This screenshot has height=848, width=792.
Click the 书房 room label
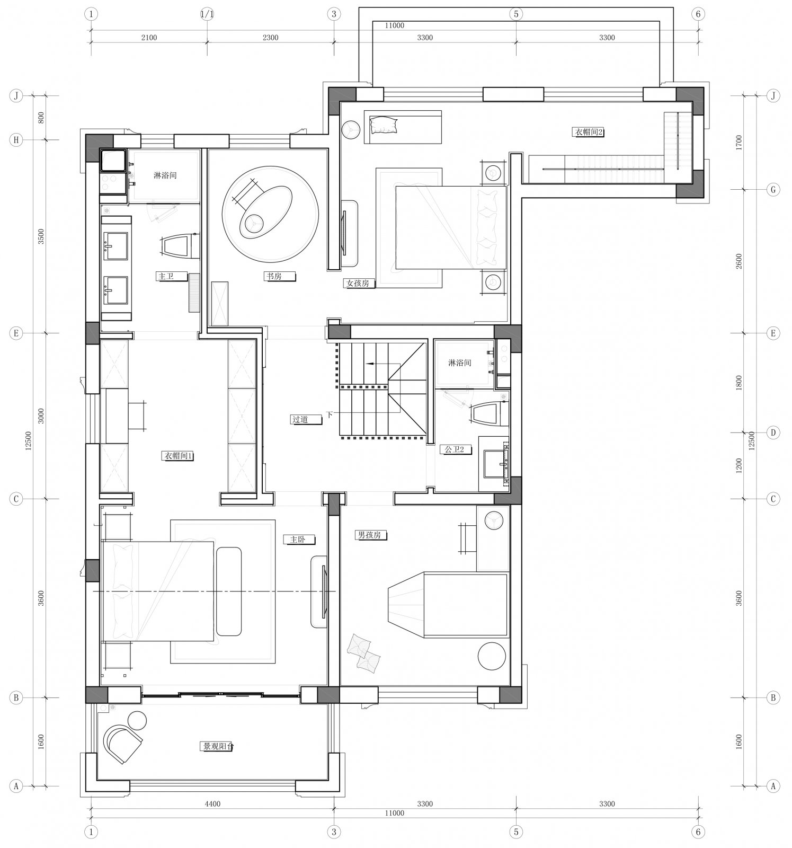pyautogui.click(x=274, y=276)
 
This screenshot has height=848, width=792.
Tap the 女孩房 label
pyautogui.click(x=358, y=284)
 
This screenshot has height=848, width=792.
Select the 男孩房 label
pyautogui.click(x=369, y=535)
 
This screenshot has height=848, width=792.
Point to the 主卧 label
pyautogui.click(x=297, y=540)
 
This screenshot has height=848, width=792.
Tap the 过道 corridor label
pyautogui.click(x=300, y=419)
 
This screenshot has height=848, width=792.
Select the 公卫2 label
pyautogui.click(x=454, y=449)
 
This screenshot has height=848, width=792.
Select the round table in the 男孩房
pyautogui.click(x=492, y=656)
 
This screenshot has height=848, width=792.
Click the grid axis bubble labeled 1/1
pyautogui.click(x=207, y=14)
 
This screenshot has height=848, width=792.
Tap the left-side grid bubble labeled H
pyautogui.click(x=16, y=140)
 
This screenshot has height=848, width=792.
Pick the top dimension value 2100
pyautogui.click(x=149, y=38)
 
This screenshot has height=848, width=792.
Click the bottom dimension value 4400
pyautogui.click(x=212, y=803)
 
